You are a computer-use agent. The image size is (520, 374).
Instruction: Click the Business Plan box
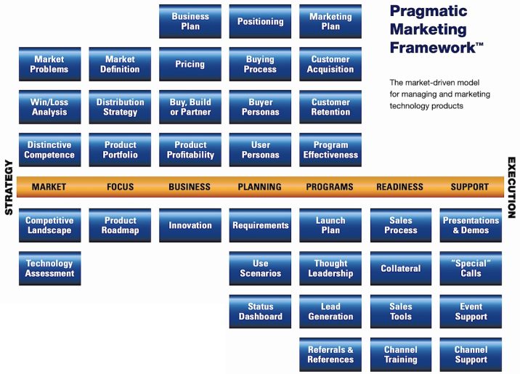point(190,21)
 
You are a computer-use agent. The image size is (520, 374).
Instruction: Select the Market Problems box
point(49,64)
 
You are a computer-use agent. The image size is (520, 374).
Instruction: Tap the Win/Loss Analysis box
point(49,107)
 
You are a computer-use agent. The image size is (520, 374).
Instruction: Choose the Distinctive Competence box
point(49,150)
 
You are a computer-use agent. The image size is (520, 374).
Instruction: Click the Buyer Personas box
point(260,107)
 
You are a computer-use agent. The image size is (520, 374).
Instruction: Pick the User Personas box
point(260,150)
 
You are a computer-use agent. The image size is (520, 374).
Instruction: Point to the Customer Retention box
point(330,107)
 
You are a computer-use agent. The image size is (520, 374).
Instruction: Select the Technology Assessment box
point(49,269)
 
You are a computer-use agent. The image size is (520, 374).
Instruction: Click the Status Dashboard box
point(260,312)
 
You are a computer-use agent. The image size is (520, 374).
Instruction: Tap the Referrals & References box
point(330,354)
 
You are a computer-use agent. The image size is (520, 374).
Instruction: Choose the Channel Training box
point(401,354)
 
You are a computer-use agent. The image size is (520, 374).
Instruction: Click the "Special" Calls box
point(471,269)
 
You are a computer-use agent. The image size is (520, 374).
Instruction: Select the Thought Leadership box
point(330,269)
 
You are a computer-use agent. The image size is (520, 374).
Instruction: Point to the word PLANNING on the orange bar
point(259,187)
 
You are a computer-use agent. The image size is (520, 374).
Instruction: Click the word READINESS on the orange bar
point(399,187)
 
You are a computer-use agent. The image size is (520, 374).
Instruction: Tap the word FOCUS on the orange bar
point(120,187)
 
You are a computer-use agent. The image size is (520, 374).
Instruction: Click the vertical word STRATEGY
point(9,187)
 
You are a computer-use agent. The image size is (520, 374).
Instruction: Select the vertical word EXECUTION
point(511,187)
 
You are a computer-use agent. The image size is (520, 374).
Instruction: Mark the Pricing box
point(190,64)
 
